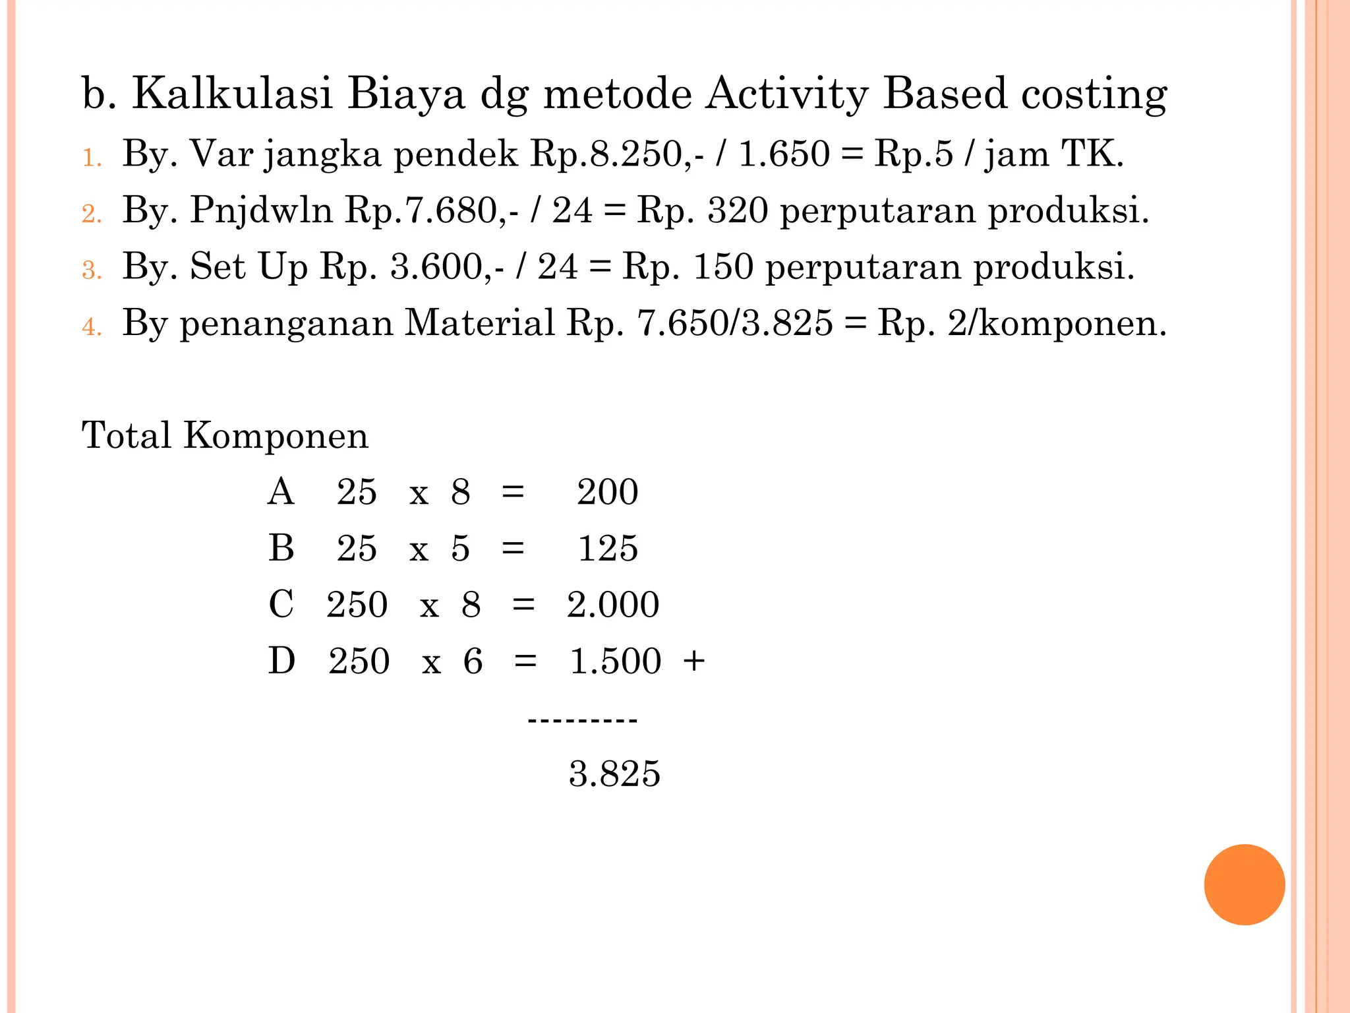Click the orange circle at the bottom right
(1244, 884)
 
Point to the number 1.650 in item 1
(784, 154)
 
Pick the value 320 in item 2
(738, 211)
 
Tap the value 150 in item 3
(723, 267)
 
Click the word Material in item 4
(479, 323)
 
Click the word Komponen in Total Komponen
(276, 436)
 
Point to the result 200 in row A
(607, 492)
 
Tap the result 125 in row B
(608, 549)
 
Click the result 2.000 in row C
(612, 605)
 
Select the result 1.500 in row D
(615, 661)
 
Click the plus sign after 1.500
(694, 661)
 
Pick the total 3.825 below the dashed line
(614, 774)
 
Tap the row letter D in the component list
(281, 661)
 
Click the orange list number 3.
(92, 270)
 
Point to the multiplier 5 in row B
(460, 549)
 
